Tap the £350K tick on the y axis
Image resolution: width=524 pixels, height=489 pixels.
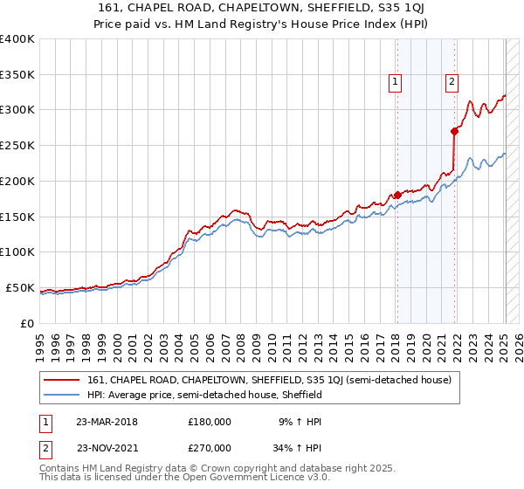tap(17, 74)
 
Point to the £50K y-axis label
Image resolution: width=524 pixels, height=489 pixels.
tap(19, 287)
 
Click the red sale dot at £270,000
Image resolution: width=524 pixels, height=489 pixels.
tap(454, 131)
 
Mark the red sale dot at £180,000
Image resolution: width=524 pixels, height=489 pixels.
tap(397, 195)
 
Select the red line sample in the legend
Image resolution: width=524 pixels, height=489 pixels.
tap(62, 380)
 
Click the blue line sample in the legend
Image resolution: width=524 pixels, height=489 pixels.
tap(62, 395)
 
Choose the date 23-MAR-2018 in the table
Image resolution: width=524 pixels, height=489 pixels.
tap(107, 421)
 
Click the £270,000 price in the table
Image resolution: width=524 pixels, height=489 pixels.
tap(210, 447)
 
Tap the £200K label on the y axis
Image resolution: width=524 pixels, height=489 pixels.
tap(17, 181)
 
